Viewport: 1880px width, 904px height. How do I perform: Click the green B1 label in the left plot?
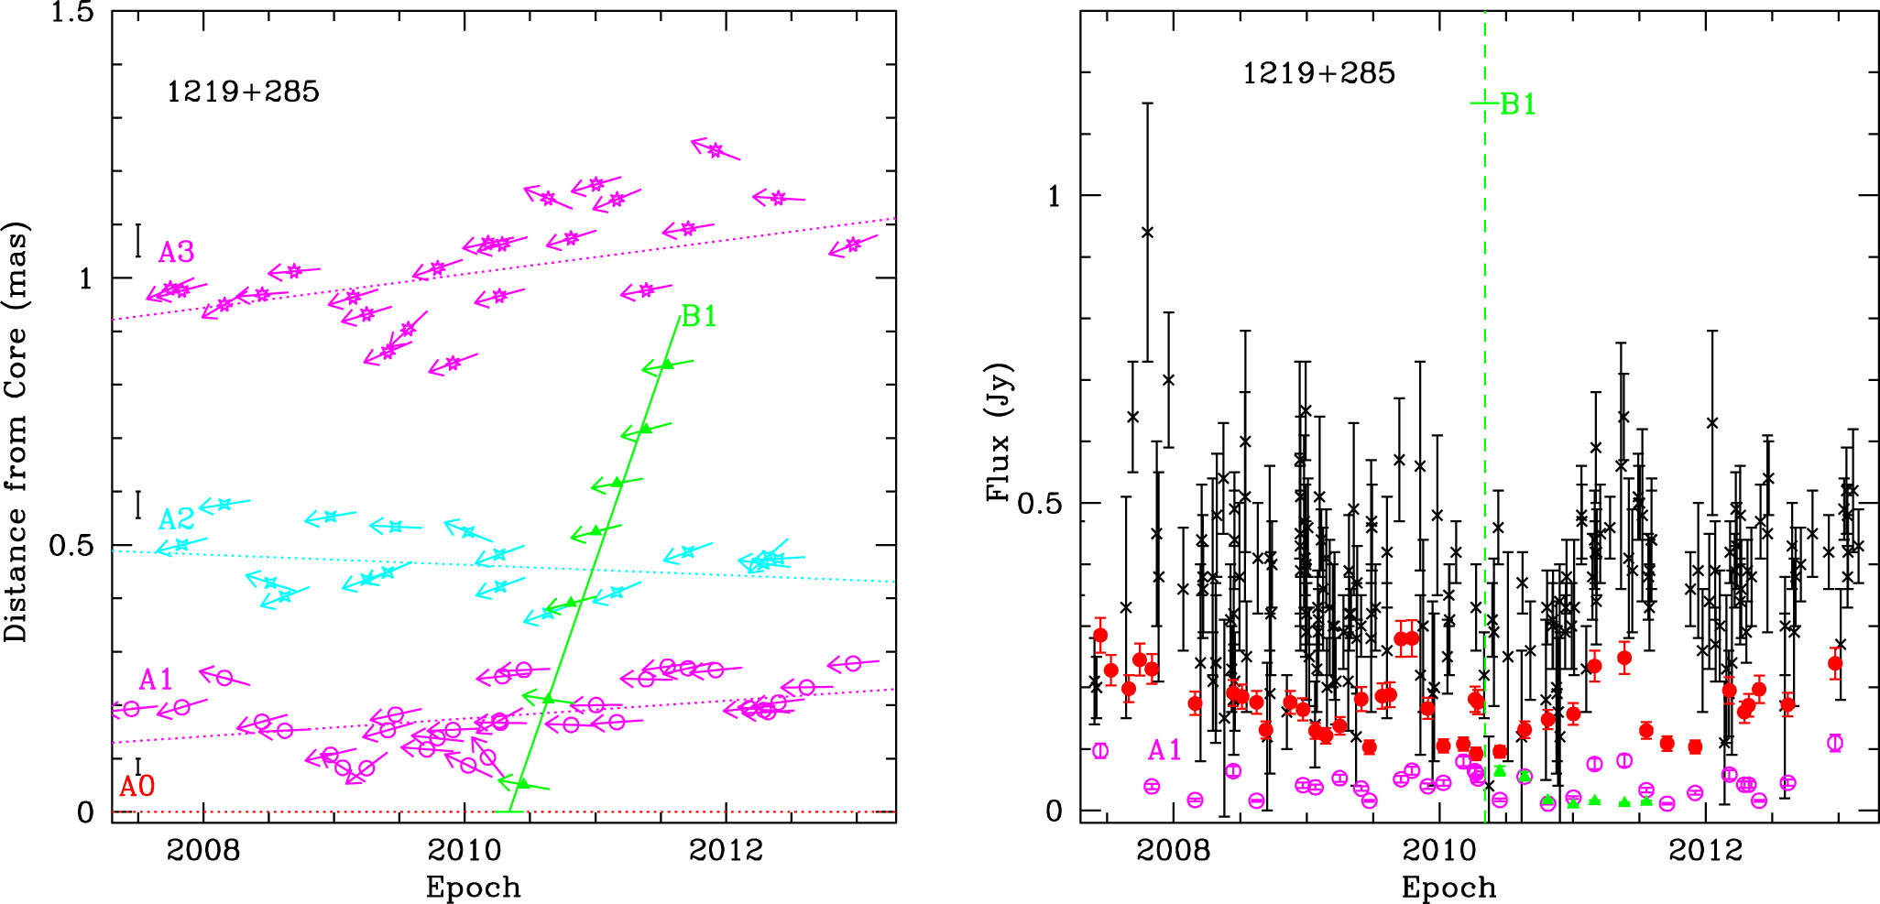[x=699, y=316]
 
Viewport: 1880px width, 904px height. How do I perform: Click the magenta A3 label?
[x=176, y=252]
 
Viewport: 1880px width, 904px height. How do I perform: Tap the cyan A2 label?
[x=176, y=519]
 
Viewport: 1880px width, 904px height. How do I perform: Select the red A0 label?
[x=137, y=786]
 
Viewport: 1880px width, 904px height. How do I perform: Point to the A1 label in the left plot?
[x=156, y=680]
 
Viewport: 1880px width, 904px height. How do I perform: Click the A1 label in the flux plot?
[x=1164, y=750]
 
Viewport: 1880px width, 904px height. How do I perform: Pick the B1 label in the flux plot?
[x=1517, y=104]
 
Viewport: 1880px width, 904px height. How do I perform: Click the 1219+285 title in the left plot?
[x=243, y=92]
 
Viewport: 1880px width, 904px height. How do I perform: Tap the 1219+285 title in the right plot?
[x=1318, y=73]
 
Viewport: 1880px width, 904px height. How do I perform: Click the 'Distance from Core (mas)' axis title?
[x=16, y=430]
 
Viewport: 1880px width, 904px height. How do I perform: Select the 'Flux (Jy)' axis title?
[x=998, y=432]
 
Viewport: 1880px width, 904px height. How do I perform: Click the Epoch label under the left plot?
[x=473, y=887]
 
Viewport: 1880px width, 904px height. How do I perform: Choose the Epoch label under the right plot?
[x=1448, y=887]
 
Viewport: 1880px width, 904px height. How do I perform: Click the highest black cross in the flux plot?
[x=1147, y=233]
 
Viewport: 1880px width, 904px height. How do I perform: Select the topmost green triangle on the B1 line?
[x=667, y=365]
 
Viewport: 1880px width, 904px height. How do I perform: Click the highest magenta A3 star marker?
[x=715, y=150]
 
